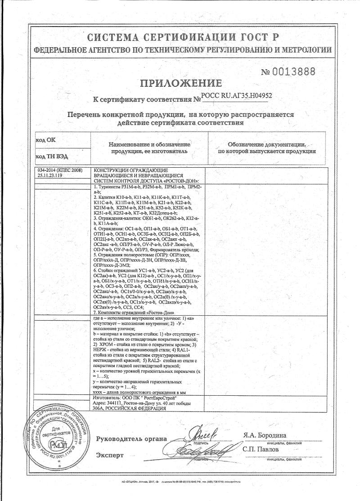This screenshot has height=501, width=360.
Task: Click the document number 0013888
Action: (x=288, y=72)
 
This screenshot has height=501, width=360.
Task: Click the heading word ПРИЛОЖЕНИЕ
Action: (x=181, y=83)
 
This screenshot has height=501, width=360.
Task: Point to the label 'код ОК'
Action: (x=45, y=140)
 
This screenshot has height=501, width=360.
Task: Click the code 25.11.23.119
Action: (x=50, y=175)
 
